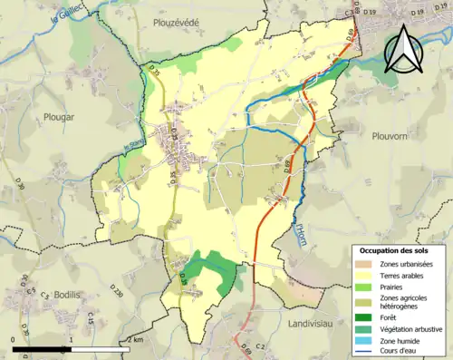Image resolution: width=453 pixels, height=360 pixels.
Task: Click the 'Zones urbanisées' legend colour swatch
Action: tap(366, 263)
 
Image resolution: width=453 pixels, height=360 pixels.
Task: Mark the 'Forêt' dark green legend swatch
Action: tap(366, 316)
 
